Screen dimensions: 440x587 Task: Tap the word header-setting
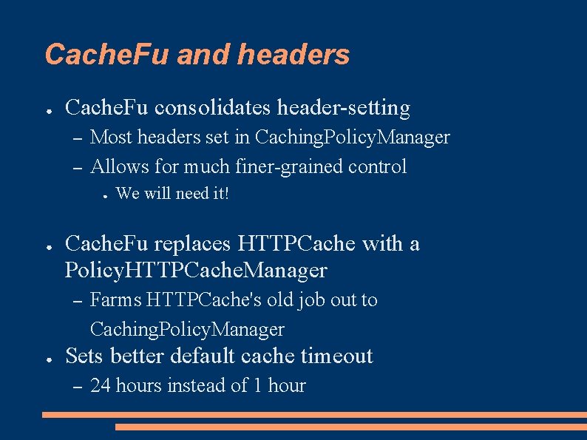point(344,108)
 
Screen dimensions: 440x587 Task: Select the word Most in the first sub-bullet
point(111,137)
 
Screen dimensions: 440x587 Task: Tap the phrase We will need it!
point(173,194)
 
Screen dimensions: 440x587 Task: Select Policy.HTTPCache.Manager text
point(196,270)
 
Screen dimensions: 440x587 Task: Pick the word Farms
point(115,299)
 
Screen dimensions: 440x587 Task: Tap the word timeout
point(336,356)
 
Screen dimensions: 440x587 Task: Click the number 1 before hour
point(258,385)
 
